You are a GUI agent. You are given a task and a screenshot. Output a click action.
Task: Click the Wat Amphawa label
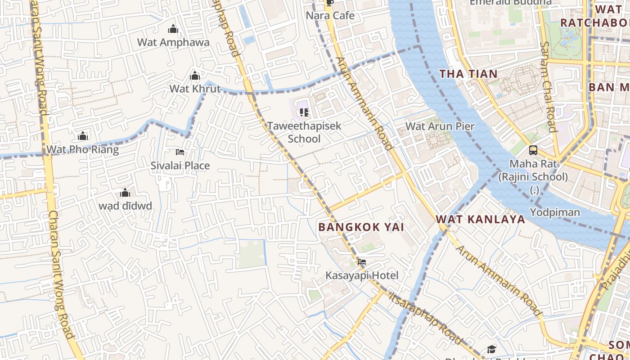pyautogui.click(x=173, y=42)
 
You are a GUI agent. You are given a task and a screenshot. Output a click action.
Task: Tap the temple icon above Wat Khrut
pyautogui.click(x=195, y=76)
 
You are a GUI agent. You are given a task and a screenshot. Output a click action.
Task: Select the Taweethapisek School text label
pyautogui.click(x=304, y=132)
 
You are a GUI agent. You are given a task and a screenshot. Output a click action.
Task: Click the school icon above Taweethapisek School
pyautogui.click(x=304, y=112)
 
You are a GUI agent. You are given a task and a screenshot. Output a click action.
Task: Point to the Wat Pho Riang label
pyautogui.click(x=83, y=149)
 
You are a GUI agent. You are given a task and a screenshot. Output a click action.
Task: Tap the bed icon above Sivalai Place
pyautogui.click(x=180, y=152)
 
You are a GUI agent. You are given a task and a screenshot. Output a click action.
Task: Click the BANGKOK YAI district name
pyautogui.click(x=361, y=227)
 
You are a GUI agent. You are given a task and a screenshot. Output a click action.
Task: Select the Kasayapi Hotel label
pyautogui.click(x=362, y=275)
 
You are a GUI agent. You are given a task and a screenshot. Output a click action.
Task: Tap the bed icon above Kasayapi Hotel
pyautogui.click(x=361, y=261)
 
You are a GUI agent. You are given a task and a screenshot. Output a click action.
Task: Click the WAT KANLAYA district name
pyautogui.click(x=480, y=219)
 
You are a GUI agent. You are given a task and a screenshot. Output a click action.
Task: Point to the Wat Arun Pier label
pyautogui.click(x=440, y=126)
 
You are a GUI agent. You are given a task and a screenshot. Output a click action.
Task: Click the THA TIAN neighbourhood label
pyautogui.click(x=468, y=74)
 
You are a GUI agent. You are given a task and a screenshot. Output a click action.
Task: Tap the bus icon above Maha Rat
pyautogui.click(x=533, y=150)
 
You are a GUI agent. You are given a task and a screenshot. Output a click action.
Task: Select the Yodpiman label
pyautogui.click(x=554, y=212)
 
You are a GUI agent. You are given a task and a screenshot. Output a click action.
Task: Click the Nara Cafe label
pyautogui.click(x=330, y=16)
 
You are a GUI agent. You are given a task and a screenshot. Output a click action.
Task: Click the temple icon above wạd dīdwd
pyautogui.click(x=125, y=193)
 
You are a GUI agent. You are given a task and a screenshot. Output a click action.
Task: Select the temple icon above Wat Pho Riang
pyautogui.click(x=83, y=136)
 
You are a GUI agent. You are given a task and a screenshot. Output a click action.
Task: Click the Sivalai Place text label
pyautogui.click(x=180, y=166)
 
